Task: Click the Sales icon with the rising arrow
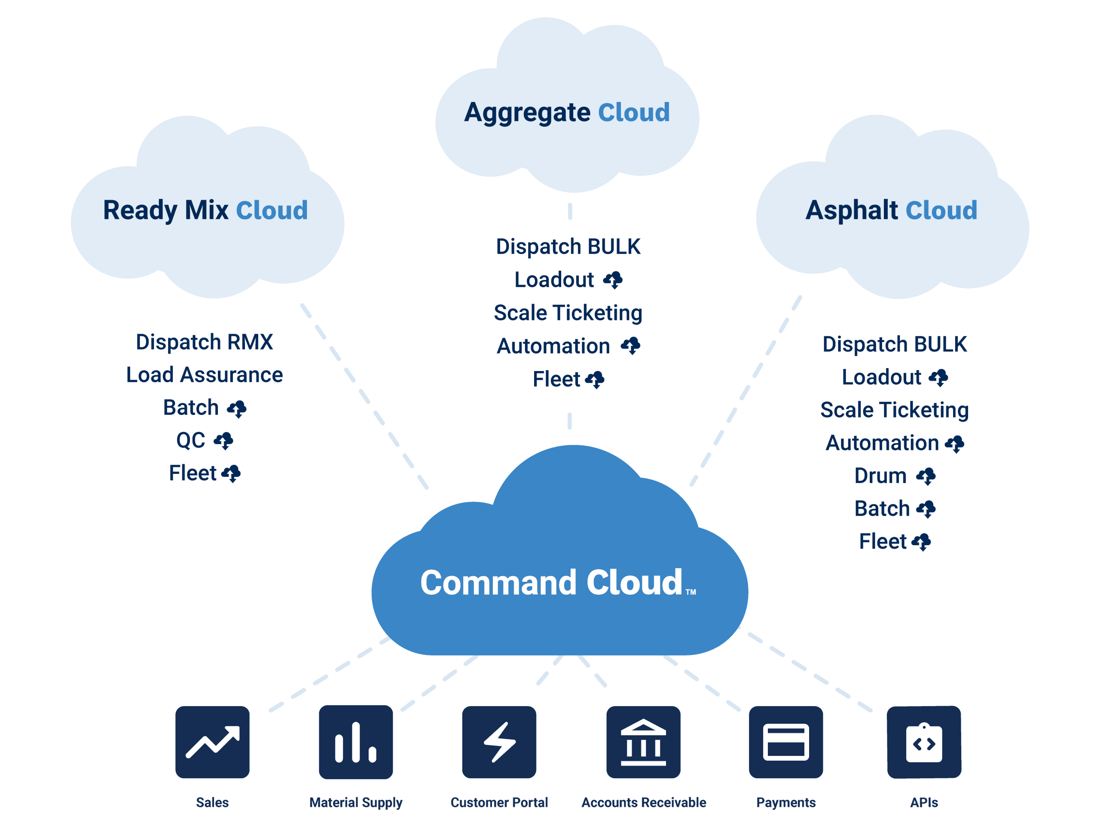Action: [x=212, y=742]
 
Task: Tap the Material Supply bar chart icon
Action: [x=355, y=742]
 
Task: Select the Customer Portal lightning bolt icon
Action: [x=499, y=742]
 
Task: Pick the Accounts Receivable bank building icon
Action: [x=643, y=742]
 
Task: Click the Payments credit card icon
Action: [x=786, y=742]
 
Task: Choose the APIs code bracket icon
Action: [x=924, y=742]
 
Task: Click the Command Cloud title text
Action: [x=551, y=583]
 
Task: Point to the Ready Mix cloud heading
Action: [x=165, y=209]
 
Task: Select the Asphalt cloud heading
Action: [x=851, y=209]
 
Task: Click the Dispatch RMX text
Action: [x=205, y=342]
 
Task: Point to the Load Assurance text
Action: [x=205, y=375]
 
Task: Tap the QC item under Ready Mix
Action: [x=190, y=440]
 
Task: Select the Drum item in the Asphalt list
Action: [x=880, y=476]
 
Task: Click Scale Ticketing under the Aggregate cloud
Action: [x=568, y=313]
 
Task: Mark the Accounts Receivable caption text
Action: [x=644, y=803]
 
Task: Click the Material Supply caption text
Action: [x=355, y=803]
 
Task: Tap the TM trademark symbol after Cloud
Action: [x=691, y=592]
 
